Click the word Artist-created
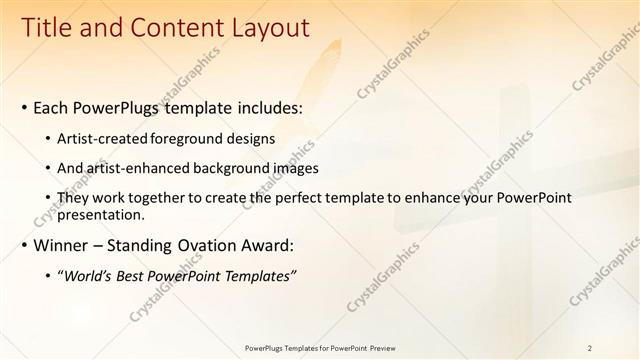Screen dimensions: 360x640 click(x=105, y=138)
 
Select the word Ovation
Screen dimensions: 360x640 click(x=202, y=245)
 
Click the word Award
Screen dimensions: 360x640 click(x=266, y=245)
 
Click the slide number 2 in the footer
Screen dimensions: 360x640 click(x=590, y=348)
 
